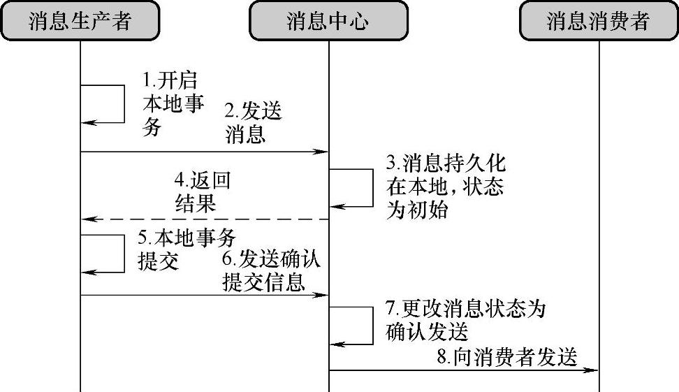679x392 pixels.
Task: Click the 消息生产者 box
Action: [x=80, y=22]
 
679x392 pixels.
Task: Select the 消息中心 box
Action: [x=328, y=22]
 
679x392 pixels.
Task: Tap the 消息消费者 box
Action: [x=599, y=22]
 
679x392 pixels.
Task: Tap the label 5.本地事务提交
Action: [x=191, y=249]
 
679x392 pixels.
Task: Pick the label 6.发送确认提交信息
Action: [x=270, y=271]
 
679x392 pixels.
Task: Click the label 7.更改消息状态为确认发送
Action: [x=465, y=319]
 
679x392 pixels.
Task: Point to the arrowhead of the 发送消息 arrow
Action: [x=323, y=151]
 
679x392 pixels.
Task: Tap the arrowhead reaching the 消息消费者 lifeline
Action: [x=593, y=370]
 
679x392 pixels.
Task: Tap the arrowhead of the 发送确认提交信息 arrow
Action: [x=323, y=295]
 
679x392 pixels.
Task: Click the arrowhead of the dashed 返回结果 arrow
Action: [x=87, y=219]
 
